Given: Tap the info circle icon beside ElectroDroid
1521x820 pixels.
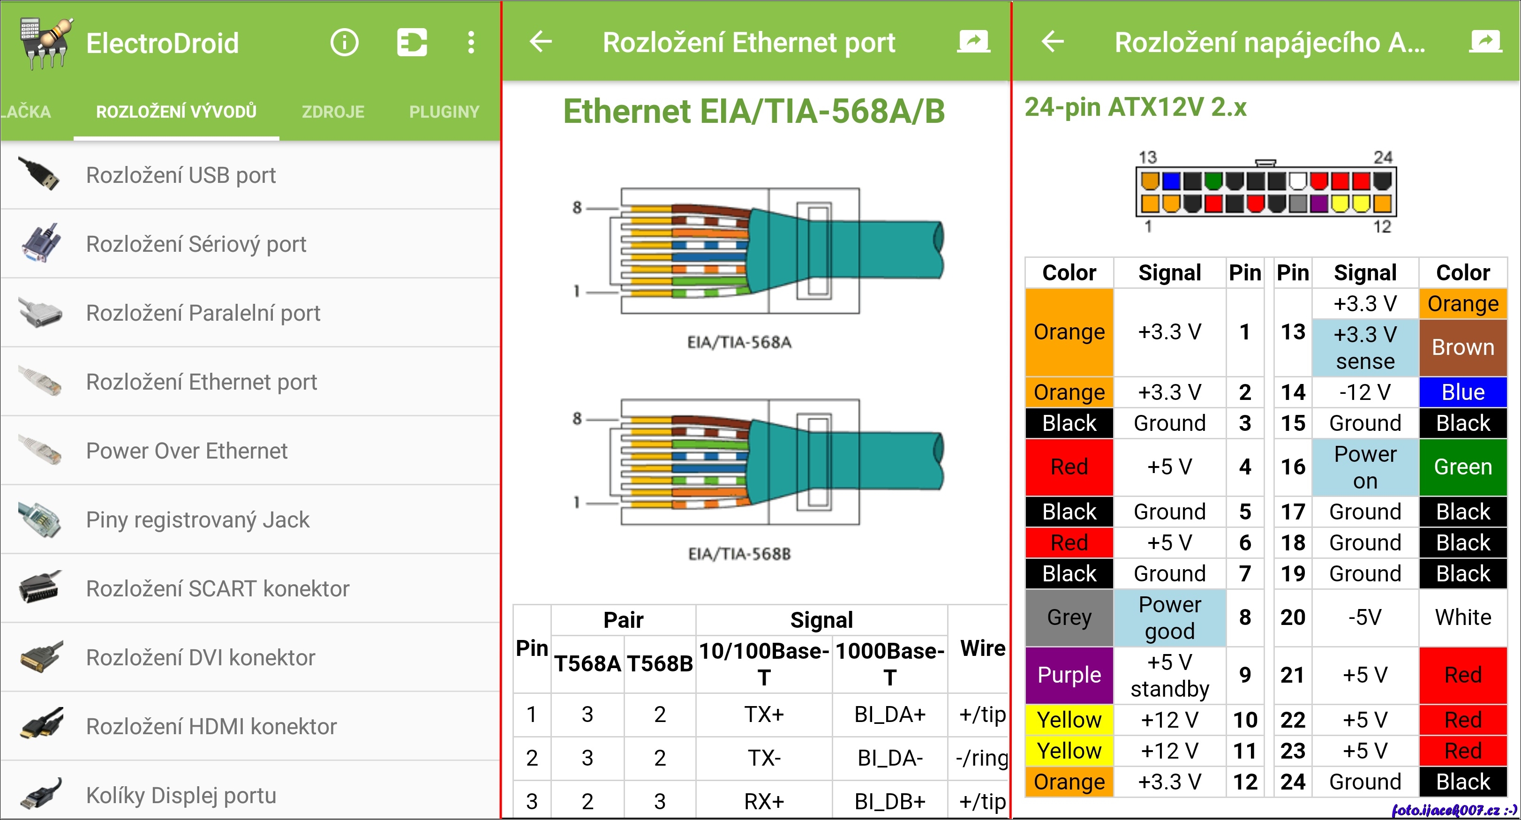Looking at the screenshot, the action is click(345, 43).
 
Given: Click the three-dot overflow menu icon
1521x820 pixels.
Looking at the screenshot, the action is click(471, 43).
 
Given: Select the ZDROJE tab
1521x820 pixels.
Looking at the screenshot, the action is click(333, 112).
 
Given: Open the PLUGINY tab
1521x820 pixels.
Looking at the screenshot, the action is click(444, 112).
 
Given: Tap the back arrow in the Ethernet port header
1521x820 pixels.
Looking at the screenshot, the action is click(540, 41).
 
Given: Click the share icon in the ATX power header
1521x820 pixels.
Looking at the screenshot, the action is click(1485, 41).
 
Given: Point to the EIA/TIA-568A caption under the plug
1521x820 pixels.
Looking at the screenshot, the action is click(739, 342).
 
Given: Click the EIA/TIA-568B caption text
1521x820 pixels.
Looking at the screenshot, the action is click(739, 554).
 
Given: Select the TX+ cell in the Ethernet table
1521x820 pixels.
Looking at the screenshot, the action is click(764, 715).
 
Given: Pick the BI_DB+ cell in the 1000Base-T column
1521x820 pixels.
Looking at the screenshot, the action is click(890, 801).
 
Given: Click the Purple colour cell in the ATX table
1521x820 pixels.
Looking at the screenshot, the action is click(1069, 675).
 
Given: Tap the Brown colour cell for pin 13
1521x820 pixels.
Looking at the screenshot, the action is click(1463, 348).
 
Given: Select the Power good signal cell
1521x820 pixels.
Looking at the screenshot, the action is click(1170, 617).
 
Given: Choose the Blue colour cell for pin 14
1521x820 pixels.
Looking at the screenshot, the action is click(1463, 392).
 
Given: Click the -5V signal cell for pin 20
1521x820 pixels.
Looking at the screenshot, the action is click(1365, 617).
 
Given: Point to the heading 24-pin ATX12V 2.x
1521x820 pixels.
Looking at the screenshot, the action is click(1136, 107).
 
